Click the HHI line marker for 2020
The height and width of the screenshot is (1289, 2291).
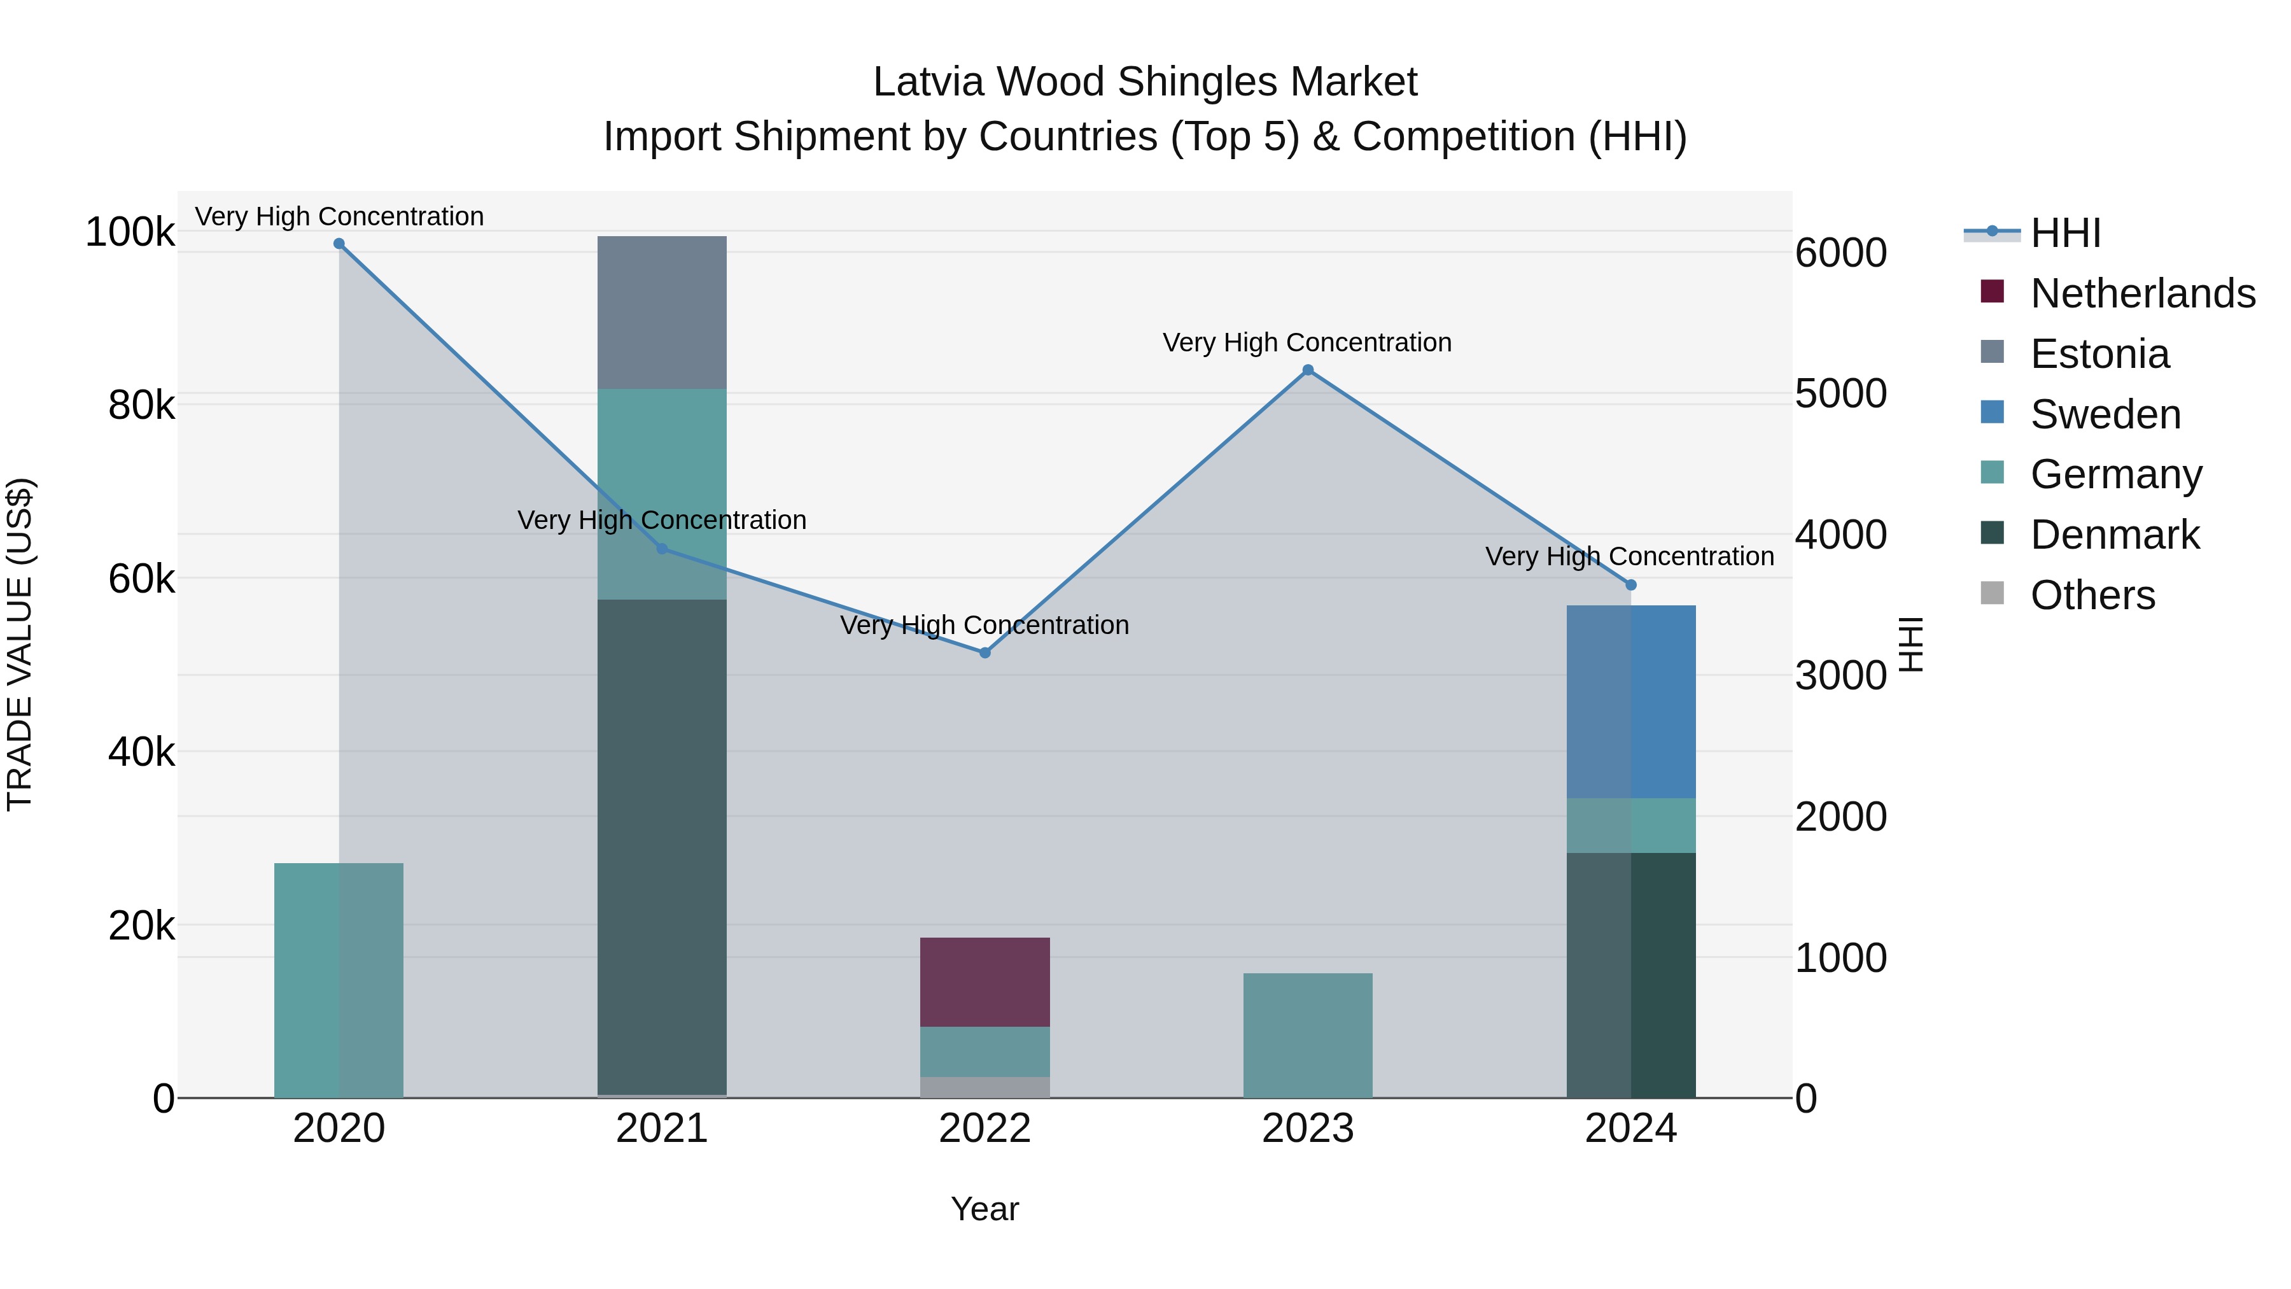(x=339, y=244)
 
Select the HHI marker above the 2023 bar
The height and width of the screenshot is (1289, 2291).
(x=1307, y=370)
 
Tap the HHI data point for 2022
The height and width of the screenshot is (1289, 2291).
(x=984, y=653)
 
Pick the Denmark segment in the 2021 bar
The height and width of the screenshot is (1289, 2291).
(x=662, y=845)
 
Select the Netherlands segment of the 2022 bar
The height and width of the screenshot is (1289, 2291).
(x=984, y=982)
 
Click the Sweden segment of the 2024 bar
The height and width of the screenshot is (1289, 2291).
(x=1631, y=702)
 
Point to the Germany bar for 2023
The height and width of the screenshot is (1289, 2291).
(x=1307, y=1036)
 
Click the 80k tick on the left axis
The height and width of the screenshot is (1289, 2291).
(x=141, y=405)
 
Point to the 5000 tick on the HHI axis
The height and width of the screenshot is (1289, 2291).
(x=1840, y=393)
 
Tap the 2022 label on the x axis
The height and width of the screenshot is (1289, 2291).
(x=984, y=1129)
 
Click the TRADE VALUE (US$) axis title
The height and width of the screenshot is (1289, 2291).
(x=20, y=644)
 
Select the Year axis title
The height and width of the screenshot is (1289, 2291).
(x=984, y=1209)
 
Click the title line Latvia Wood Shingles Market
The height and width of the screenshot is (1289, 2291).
(x=1145, y=82)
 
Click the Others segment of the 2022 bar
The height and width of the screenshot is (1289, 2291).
(x=984, y=1087)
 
